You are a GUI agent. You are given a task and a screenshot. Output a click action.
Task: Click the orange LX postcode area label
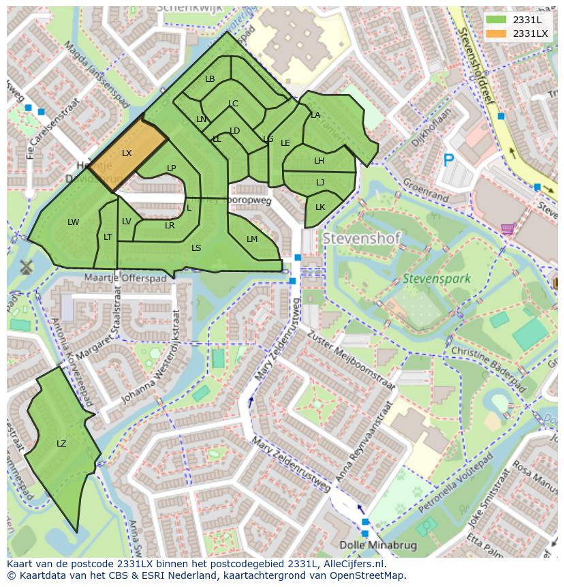pyautogui.click(x=127, y=153)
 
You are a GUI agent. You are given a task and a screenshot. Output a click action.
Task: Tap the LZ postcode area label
pyautogui.click(x=61, y=444)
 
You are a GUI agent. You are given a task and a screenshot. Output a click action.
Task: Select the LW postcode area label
pyautogui.click(x=74, y=222)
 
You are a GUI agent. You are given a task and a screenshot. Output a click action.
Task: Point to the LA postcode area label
pyautogui.click(x=315, y=115)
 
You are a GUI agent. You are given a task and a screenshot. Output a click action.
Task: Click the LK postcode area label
pyautogui.click(x=320, y=207)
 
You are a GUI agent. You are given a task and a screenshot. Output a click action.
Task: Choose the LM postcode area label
pyautogui.click(x=252, y=239)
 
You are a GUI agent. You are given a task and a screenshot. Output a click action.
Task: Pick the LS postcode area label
pyautogui.click(x=196, y=248)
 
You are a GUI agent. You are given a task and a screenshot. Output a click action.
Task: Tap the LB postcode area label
pyautogui.click(x=210, y=79)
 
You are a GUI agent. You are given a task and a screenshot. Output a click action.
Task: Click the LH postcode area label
pyautogui.click(x=319, y=161)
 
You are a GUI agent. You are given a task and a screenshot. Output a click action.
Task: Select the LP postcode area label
pyautogui.click(x=172, y=168)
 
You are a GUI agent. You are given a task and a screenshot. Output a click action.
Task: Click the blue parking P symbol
pyautogui.click(x=448, y=160)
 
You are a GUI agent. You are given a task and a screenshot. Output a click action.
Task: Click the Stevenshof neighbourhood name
pyautogui.click(x=361, y=239)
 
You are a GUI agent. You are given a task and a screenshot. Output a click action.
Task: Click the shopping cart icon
pyautogui.click(x=507, y=229)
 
